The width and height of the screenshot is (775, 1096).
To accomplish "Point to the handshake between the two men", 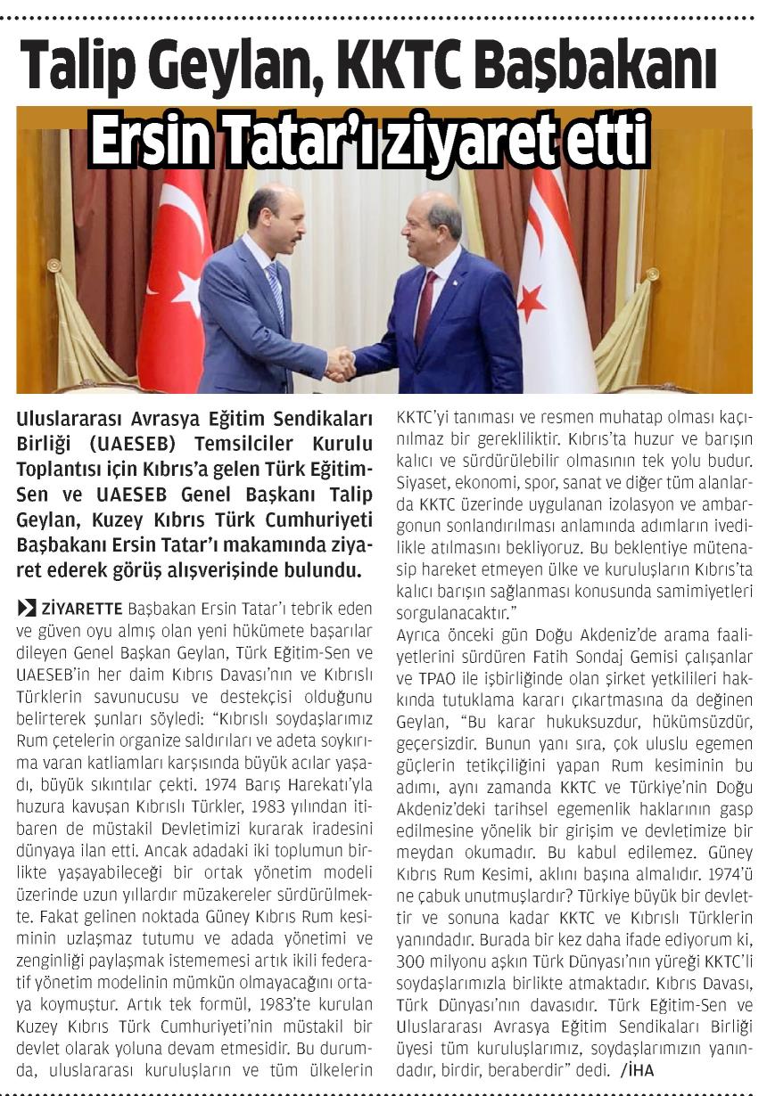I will point(341,364).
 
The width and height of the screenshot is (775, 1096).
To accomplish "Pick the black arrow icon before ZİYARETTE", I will point(27,609).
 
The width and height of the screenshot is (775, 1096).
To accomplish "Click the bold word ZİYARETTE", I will point(82,609).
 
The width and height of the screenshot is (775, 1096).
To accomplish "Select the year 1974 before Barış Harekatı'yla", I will point(221,785).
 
